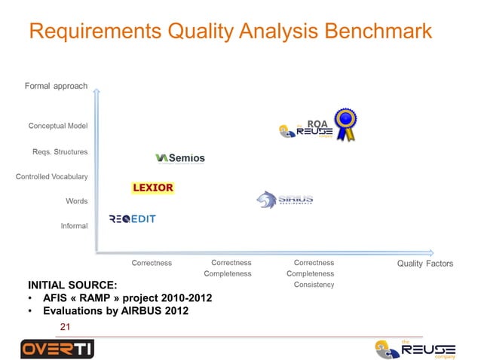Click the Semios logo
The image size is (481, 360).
(180, 158)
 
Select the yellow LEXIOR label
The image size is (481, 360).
(153, 188)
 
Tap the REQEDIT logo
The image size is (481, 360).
(133, 219)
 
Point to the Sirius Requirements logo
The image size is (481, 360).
(284, 200)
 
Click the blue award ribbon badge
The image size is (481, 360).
(346, 124)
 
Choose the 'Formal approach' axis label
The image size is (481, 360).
(56, 87)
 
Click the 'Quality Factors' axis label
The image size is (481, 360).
(425, 264)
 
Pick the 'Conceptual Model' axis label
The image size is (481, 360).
(58, 126)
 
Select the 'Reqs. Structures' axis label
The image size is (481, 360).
(60, 152)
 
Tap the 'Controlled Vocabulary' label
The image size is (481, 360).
(52, 177)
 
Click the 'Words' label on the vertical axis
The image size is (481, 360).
(77, 202)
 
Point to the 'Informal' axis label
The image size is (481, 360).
(74, 226)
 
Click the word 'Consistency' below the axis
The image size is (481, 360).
(314, 285)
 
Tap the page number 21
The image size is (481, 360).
(65, 326)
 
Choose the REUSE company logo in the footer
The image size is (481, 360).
(415, 349)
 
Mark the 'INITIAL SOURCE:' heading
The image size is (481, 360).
(72, 285)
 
